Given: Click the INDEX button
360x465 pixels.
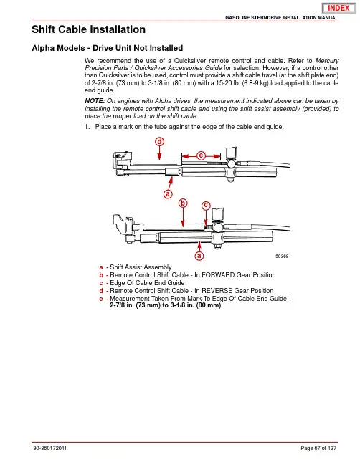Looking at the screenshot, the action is pyautogui.click(x=338, y=8).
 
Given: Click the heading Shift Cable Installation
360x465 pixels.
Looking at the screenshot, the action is pyautogui.click(x=88, y=29).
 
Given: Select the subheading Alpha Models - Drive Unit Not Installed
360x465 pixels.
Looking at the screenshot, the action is pyautogui.click(x=107, y=48).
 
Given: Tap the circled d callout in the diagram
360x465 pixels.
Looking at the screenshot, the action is pyautogui.click(x=160, y=142).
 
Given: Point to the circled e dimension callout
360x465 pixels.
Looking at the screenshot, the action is pyautogui.click(x=202, y=155).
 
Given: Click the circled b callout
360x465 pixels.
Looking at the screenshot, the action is pyautogui.click(x=183, y=203).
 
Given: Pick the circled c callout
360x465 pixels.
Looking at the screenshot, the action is pyautogui.click(x=206, y=206).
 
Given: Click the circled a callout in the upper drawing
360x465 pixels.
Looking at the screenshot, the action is pyautogui.click(x=168, y=194).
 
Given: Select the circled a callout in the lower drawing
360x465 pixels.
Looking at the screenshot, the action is pyautogui.click(x=199, y=256).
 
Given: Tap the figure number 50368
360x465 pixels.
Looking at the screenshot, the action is pyautogui.click(x=282, y=257).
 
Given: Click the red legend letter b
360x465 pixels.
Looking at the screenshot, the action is pyautogui.click(x=101, y=275).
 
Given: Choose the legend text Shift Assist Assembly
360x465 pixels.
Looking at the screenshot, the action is pyautogui.click(x=141, y=267).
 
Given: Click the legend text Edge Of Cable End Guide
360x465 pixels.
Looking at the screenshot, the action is pyautogui.click(x=147, y=283).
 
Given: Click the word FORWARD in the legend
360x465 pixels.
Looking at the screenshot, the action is pyautogui.click(x=218, y=275).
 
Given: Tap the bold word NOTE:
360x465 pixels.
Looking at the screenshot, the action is pyautogui.click(x=95, y=101).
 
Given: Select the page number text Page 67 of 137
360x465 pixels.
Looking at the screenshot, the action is pyautogui.click(x=318, y=448).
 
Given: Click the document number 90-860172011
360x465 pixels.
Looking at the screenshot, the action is pyautogui.click(x=50, y=448).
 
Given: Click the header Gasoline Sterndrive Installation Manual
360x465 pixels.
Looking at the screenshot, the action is pyautogui.click(x=282, y=18).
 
